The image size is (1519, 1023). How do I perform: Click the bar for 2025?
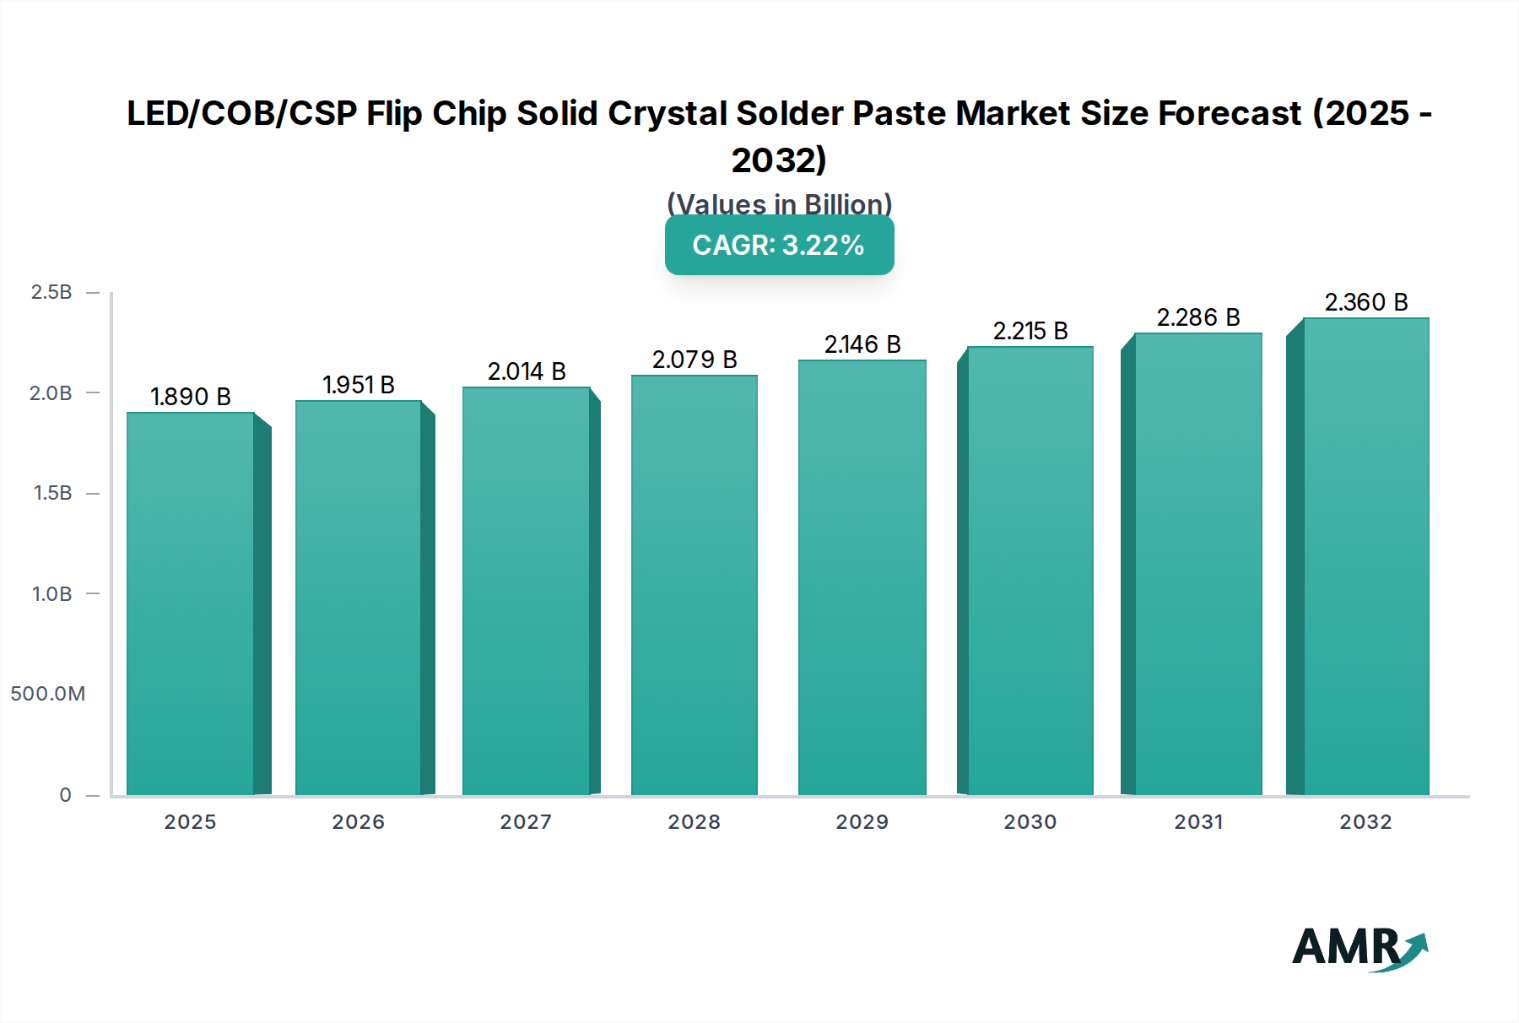[191, 604]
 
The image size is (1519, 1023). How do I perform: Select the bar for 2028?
[695, 585]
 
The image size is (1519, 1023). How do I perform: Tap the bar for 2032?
[1365, 556]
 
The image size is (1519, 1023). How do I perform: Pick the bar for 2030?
[1030, 571]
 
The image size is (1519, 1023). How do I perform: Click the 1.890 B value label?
[191, 397]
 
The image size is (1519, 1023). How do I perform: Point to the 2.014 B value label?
[527, 371]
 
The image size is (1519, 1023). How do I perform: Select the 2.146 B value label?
[862, 344]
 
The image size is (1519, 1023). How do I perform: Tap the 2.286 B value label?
[1198, 317]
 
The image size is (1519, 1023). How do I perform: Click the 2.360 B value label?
[1365, 302]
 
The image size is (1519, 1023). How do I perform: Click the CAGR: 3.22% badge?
[779, 245]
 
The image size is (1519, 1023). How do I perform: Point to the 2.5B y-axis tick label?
[51, 292]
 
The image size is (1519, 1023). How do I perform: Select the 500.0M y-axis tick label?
[48, 694]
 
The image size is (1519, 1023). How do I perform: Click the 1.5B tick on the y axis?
[52, 493]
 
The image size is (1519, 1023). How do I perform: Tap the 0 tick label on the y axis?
[65, 795]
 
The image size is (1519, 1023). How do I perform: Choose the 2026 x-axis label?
[358, 822]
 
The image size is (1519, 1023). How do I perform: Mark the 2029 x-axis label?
[862, 822]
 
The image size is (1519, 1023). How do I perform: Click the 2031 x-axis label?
[1198, 822]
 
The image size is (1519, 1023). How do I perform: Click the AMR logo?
[1359, 949]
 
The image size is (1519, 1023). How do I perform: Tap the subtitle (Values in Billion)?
[779, 203]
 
